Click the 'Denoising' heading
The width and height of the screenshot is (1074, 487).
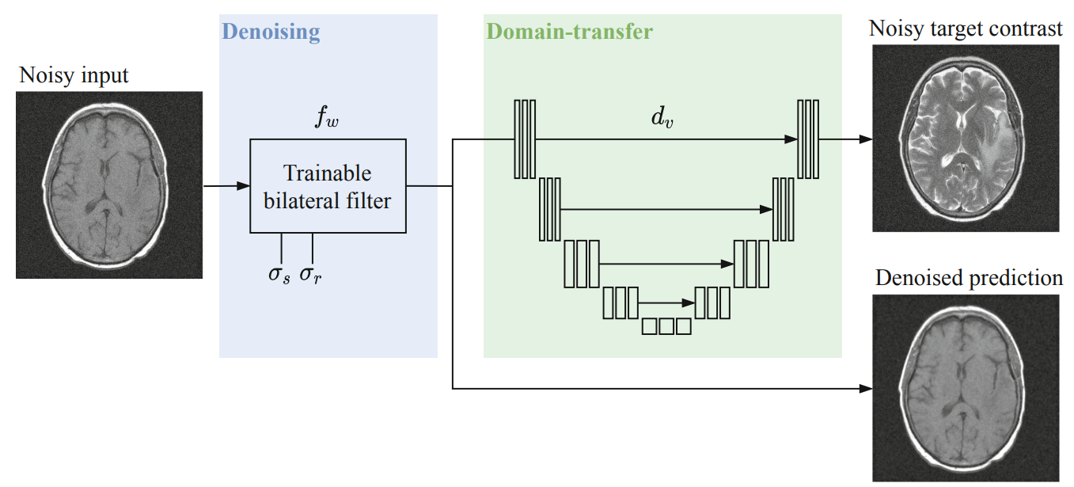pos(271,32)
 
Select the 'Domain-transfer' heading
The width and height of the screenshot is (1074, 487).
pos(570,32)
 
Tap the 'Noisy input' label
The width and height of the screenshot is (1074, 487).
pos(74,75)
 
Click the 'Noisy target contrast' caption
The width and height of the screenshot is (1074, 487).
pos(966,29)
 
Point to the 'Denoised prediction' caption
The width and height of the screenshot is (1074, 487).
pos(969,278)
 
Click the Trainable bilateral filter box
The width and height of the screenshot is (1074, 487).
pos(328,186)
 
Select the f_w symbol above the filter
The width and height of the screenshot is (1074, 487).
pos(327,116)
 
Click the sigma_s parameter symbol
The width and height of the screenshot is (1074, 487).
pos(279,275)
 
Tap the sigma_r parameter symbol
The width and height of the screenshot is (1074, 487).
pos(311,275)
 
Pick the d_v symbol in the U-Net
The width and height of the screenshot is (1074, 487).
pos(662,116)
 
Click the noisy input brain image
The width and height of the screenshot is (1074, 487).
pos(109,185)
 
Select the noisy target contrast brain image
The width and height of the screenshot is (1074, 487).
pos(966,139)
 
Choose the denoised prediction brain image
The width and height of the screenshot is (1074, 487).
pos(966,388)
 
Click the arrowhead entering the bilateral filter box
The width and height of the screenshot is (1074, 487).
pos(244,185)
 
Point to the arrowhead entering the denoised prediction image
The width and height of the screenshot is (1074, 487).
pos(866,389)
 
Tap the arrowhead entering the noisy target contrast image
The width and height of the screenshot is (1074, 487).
pos(866,139)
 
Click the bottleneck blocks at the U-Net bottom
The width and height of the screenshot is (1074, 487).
pos(666,326)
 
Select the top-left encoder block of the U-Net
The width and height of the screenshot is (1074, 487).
pos(525,139)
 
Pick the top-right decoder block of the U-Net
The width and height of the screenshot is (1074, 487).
pos(808,139)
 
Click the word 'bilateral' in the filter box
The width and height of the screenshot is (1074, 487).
pos(301,201)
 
